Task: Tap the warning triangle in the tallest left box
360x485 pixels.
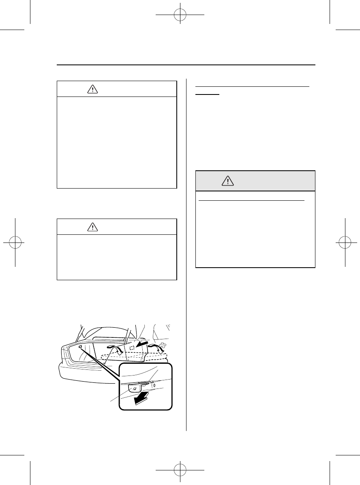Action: (93, 90)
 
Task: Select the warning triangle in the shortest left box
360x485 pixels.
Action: (93, 227)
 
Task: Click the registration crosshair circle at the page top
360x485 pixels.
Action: (180, 15)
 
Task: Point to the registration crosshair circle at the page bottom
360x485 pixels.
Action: (180, 470)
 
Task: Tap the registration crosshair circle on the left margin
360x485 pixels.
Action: (15, 242)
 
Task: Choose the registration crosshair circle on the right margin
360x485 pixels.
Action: (345, 242)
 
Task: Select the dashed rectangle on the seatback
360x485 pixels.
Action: (132, 348)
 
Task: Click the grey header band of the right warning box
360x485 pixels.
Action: (255, 181)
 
